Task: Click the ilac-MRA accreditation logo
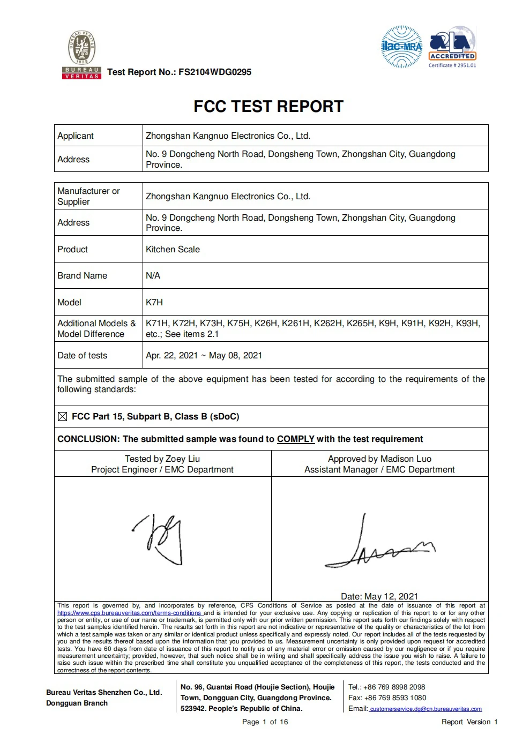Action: [401, 47]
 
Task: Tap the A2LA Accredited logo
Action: [452, 46]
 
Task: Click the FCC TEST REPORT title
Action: [268, 107]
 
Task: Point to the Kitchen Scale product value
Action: [173, 250]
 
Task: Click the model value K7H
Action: [154, 303]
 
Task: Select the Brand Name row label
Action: [82, 276]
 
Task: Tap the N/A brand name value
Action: [153, 276]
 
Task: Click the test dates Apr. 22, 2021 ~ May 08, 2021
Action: [204, 356]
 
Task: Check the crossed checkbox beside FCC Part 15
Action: [62, 417]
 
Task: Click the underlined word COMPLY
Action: [295, 439]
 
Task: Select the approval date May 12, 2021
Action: [379, 596]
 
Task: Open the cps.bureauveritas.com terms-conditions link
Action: [129, 613]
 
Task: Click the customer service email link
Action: [426, 709]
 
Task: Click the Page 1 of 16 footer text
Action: [265, 722]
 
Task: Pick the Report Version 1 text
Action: [469, 722]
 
